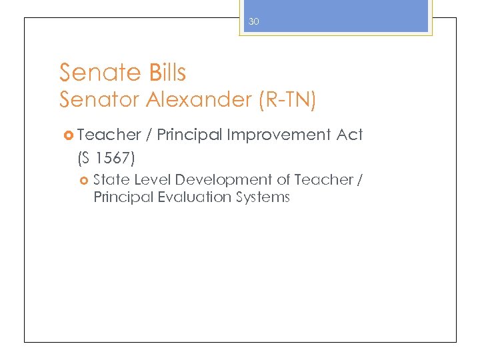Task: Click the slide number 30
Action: (x=253, y=22)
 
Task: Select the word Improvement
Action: (x=279, y=135)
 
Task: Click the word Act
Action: (x=349, y=135)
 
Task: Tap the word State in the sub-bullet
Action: (x=111, y=180)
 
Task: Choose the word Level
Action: (x=153, y=180)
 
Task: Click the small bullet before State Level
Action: (x=84, y=181)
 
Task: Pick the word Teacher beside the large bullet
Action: (x=109, y=135)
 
